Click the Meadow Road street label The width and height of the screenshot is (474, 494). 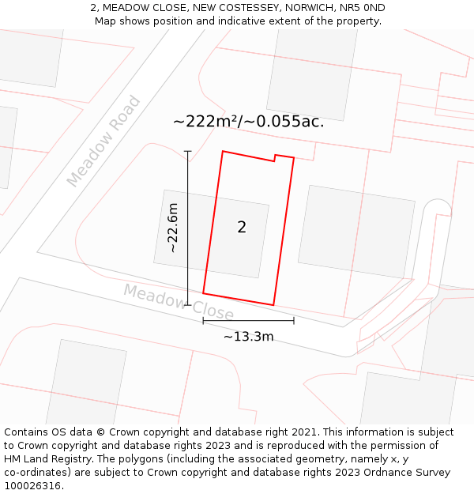[103, 141]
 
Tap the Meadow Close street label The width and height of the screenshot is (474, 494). [179, 303]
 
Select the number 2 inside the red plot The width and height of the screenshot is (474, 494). [242, 228]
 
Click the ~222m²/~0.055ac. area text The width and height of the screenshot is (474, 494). [248, 122]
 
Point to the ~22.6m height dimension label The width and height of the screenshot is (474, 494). [172, 228]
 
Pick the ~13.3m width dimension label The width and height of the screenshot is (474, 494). [248, 337]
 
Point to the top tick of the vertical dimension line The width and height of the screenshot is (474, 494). [188, 151]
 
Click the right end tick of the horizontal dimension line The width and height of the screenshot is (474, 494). [294, 320]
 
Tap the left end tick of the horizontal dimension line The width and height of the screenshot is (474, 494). [203, 320]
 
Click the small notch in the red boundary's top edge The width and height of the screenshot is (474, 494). [274, 159]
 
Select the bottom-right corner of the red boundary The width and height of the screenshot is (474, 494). [273, 305]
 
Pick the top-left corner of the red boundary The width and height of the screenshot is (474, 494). [223, 151]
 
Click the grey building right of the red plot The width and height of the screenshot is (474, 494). [356, 232]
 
